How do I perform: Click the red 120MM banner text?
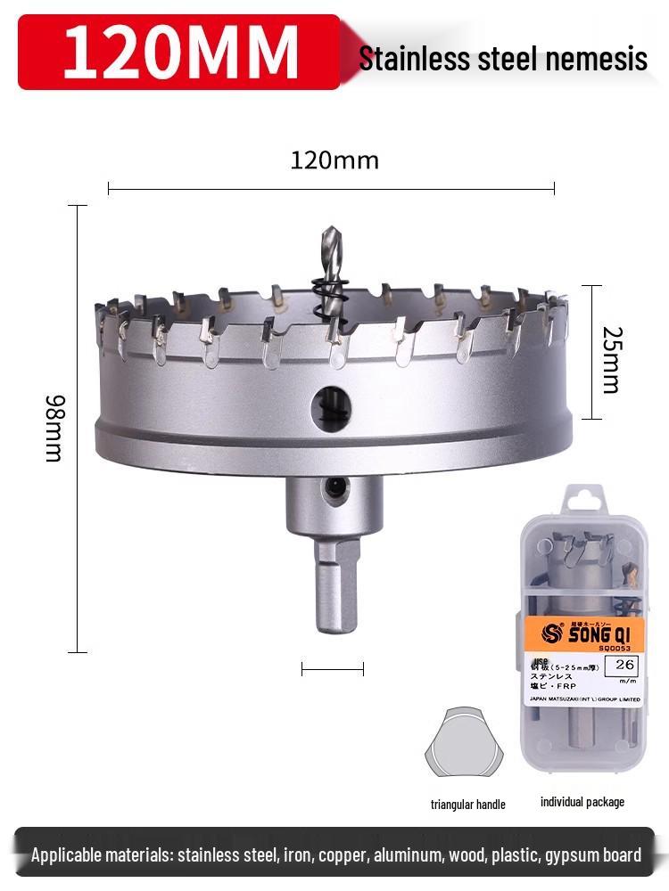(179, 51)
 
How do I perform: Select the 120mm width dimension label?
(334, 160)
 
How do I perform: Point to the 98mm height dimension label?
(54, 429)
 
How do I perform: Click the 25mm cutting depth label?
(610, 359)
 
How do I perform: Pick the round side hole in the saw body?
(331, 407)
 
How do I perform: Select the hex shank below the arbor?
(336, 584)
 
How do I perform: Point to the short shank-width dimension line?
(333, 669)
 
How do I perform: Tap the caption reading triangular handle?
(467, 805)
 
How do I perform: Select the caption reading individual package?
(582, 802)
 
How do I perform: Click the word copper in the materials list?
(342, 855)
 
